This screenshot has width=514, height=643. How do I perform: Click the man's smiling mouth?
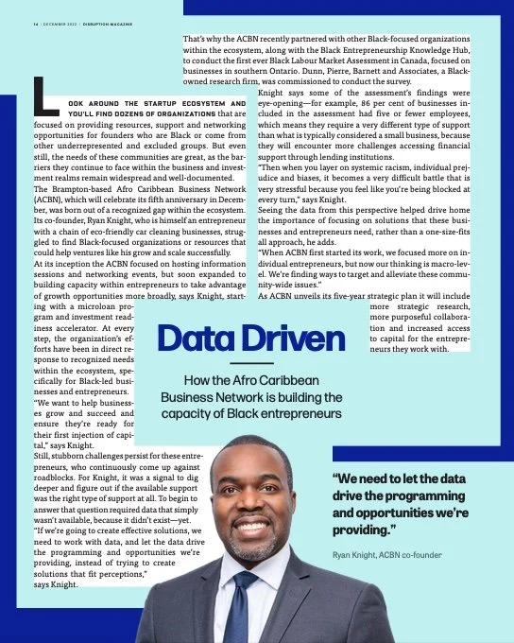pyautogui.click(x=251, y=526)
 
